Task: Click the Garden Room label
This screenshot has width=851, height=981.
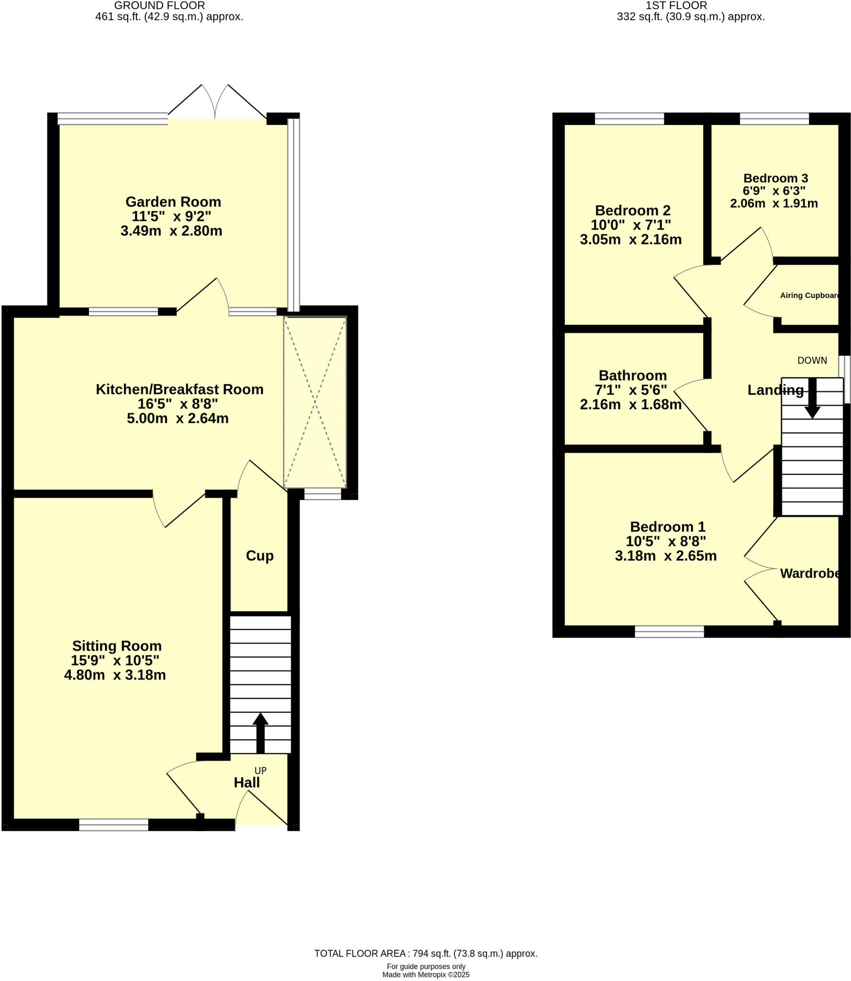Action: click(173, 202)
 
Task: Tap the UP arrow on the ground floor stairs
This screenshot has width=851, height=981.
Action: click(260, 733)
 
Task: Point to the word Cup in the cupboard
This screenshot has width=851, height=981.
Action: click(259, 556)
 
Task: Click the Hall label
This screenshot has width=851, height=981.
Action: click(246, 783)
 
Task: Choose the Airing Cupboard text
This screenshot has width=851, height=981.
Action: click(809, 296)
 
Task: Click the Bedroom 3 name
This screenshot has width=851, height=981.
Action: click(775, 178)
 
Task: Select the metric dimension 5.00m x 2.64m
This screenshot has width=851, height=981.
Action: click(178, 419)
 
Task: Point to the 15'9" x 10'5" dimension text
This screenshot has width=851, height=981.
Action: click(115, 661)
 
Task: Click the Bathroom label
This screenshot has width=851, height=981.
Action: click(632, 376)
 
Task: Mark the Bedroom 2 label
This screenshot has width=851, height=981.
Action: click(632, 210)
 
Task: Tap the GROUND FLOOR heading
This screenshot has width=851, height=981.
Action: click(159, 6)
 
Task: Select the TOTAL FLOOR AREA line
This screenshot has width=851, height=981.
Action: click(425, 954)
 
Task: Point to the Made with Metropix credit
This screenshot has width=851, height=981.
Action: click(425, 975)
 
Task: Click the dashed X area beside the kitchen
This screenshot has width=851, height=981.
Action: click(314, 402)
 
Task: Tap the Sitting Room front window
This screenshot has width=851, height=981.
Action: click(113, 824)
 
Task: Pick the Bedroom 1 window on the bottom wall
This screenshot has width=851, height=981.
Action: click(669, 632)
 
